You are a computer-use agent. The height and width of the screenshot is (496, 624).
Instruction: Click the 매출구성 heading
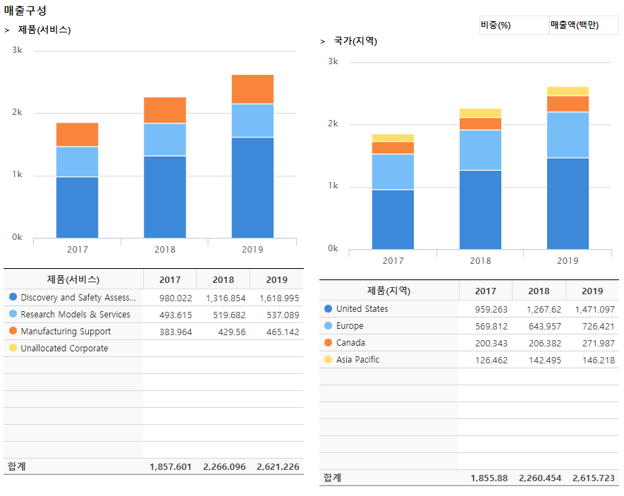coord(25,11)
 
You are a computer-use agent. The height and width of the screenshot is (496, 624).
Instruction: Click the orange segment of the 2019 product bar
coord(252,89)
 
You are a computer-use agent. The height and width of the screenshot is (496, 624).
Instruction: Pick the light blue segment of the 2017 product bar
coord(77,162)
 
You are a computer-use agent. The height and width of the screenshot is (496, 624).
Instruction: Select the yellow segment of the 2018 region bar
coord(480,113)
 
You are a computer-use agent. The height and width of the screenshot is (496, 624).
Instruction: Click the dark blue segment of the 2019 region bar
coord(568,203)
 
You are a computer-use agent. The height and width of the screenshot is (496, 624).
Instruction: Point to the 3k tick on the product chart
coord(18,51)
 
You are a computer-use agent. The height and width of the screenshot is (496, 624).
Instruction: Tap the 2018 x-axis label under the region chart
coord(480,260)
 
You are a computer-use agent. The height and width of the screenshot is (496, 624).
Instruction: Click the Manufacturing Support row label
coord(66,332)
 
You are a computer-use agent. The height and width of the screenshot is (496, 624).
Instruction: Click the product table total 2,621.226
coord(278,467)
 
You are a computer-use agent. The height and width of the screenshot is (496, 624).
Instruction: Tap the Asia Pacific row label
coord(357,360)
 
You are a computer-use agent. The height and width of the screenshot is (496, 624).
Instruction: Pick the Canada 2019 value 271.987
coord(594,343)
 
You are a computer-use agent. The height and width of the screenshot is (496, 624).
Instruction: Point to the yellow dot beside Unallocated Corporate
coord(13,348)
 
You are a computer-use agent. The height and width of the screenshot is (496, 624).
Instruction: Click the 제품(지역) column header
coord(389,291)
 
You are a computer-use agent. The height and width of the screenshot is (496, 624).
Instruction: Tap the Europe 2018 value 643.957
coord(541,326)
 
